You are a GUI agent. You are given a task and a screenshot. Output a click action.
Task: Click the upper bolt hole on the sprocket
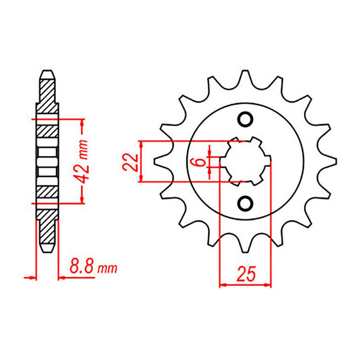click(x=245, y=119)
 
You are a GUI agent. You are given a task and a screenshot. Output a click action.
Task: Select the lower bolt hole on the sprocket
click(x=245, y=203)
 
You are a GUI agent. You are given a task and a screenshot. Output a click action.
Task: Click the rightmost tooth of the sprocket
click(x=329, y=161)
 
